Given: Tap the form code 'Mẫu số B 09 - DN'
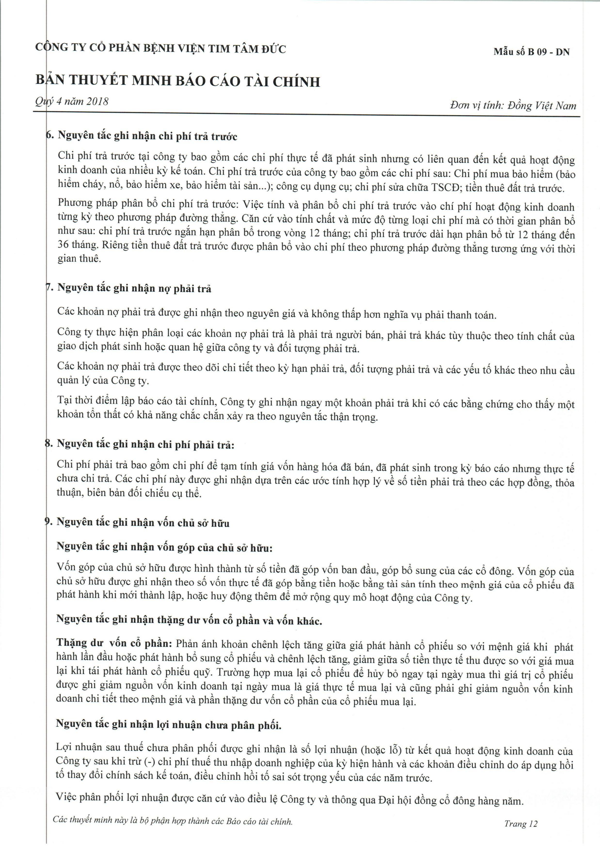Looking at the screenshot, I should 531,52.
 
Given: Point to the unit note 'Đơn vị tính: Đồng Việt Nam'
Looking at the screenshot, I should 513,106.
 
